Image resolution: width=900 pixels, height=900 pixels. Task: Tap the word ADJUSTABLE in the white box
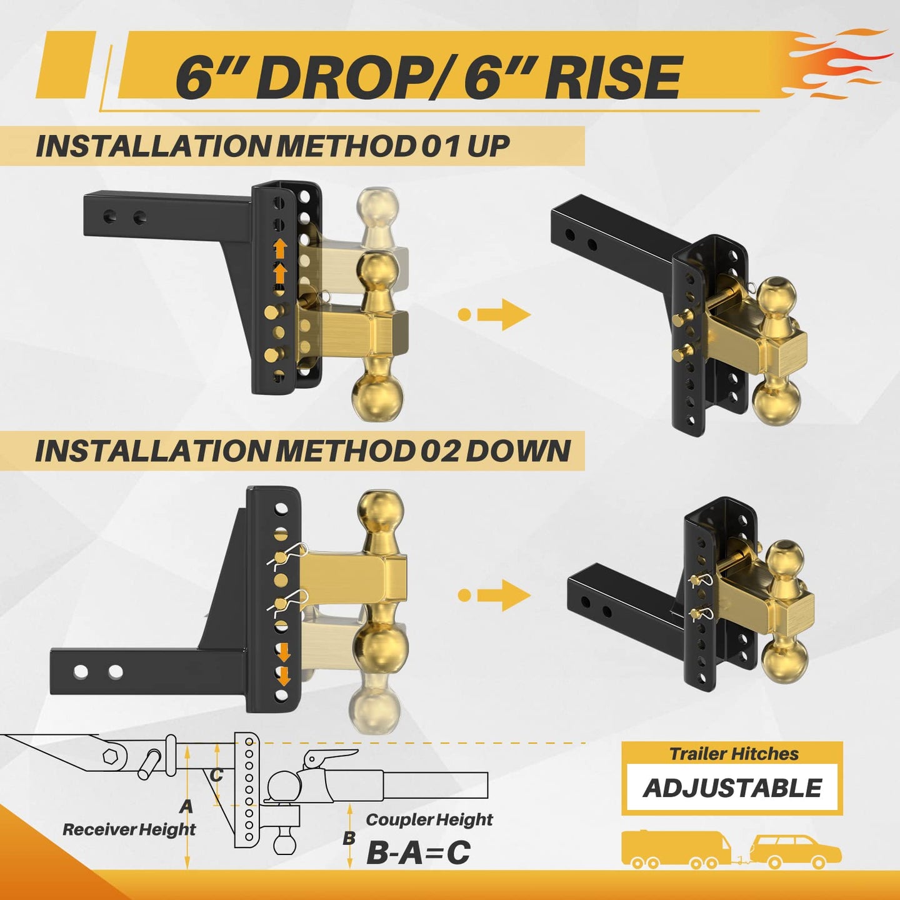[732, 787]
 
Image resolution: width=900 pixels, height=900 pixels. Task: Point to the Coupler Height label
[429, 819]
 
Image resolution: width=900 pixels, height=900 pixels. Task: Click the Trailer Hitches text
[734, 753]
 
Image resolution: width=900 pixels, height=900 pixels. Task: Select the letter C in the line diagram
[216, 775]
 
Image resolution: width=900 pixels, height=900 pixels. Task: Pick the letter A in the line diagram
[186, 806]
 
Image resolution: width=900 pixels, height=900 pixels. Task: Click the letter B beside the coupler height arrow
[348, 838]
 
